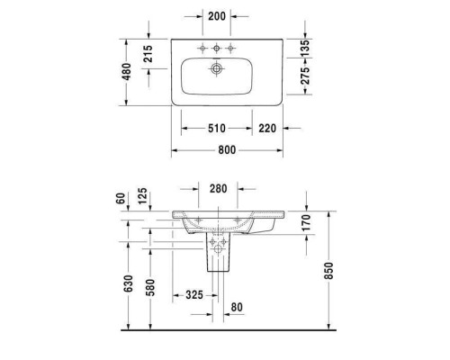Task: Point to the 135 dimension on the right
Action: [303, 47]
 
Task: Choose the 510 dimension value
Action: [217, 129]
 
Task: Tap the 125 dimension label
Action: [142, 195]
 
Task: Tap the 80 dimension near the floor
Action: [238, 306]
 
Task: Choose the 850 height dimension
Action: [328, 270]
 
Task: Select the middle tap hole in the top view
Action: [216, 47]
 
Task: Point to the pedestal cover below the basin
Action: [217, 256]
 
